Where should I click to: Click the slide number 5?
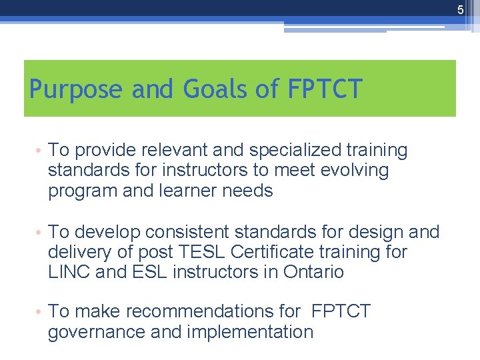[x=459, y=9]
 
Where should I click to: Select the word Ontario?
[x=313, y=272]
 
